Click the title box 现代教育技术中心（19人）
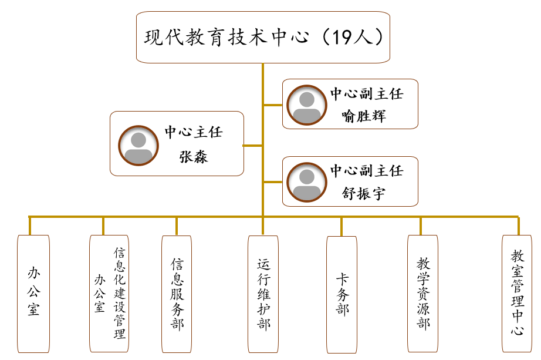[263, 37]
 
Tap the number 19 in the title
[343, 37]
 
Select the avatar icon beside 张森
[138, 144]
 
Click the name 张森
[193, 156]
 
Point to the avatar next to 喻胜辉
[307, 105]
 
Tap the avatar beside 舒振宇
[307, 181]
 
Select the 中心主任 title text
[193, 132]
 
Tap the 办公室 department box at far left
[33, 294]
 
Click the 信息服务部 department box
[177, 294]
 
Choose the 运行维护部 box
[263, 294]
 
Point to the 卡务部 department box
[341, 294]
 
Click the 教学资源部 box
[422, 294]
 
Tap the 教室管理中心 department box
[518, 294]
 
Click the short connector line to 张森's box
[253, 145]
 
